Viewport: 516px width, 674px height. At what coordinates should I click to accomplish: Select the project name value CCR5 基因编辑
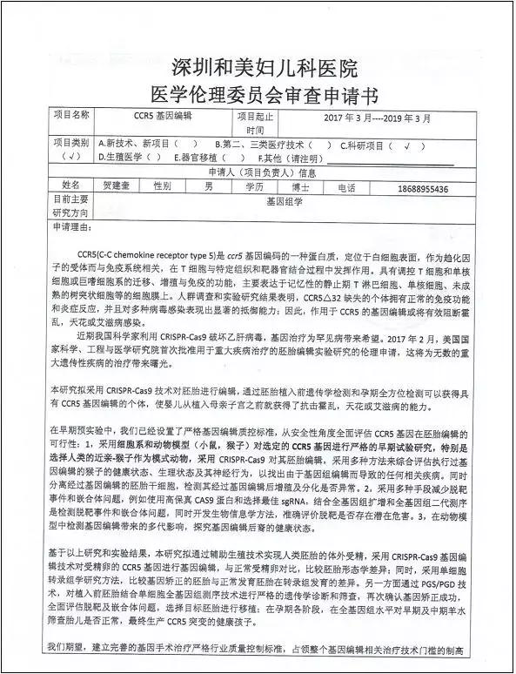pyautogui.click(x=163, y=116)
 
